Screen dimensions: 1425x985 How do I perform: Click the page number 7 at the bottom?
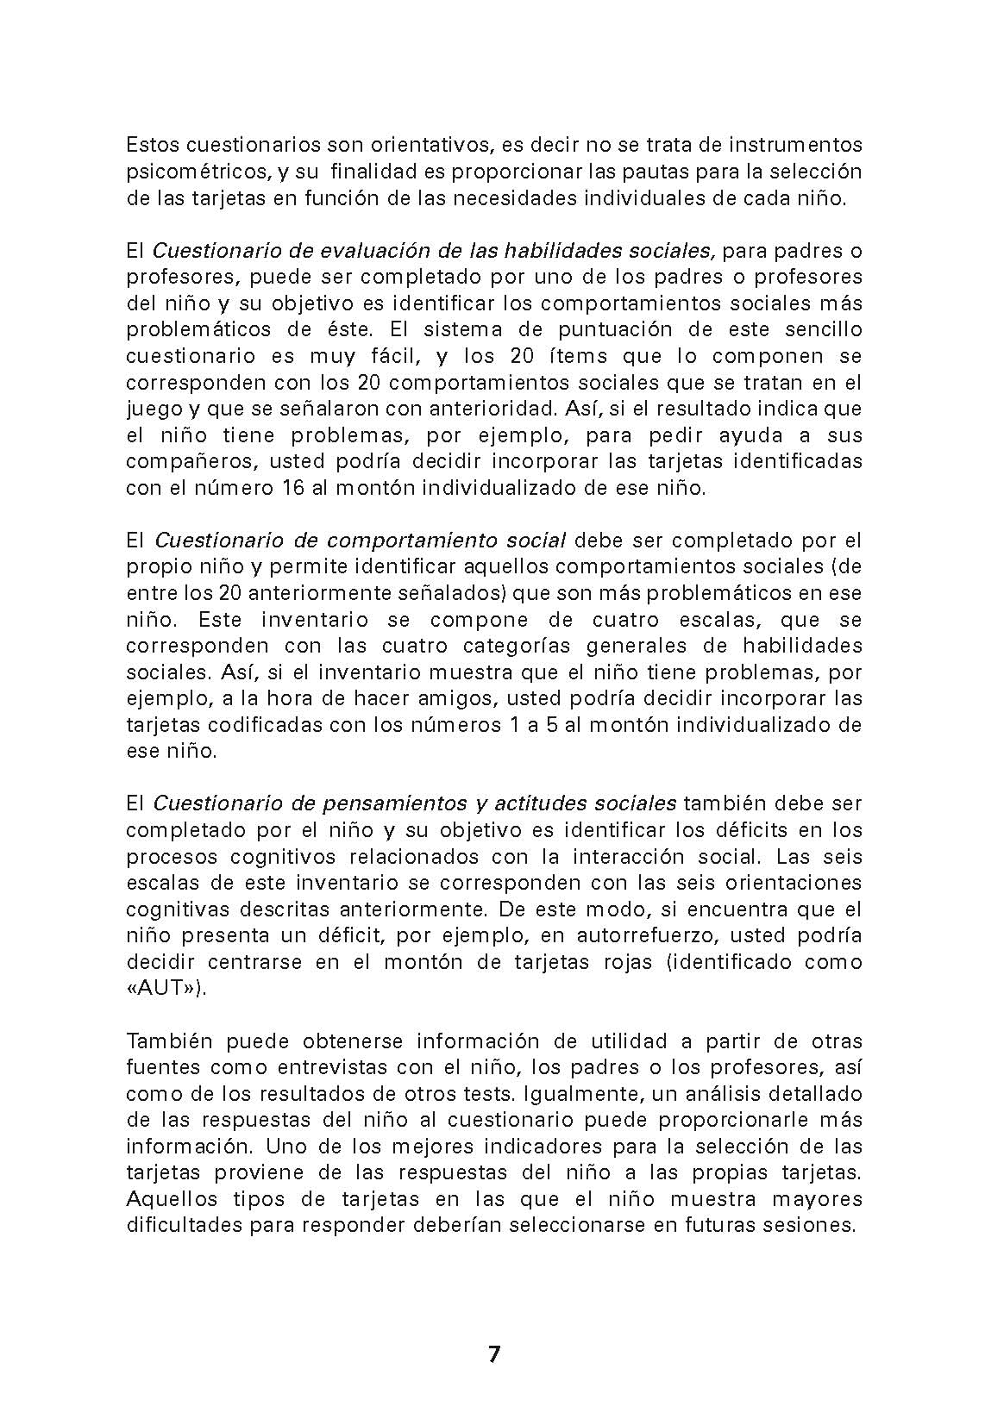[493, 1353]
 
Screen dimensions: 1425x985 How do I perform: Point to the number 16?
[292, 488]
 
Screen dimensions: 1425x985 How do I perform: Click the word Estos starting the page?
[153, 145]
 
